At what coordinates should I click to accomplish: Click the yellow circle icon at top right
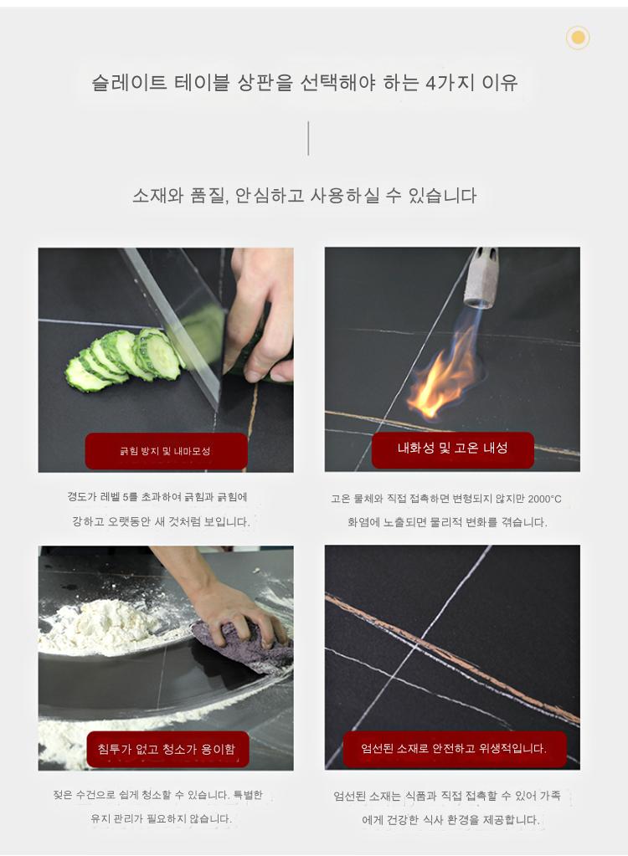(578, 38)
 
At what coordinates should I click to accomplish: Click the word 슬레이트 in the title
(129, 83)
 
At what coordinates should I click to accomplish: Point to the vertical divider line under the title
(308, 138)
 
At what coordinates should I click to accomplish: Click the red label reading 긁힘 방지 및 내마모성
(166, 451)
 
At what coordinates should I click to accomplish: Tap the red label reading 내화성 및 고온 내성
(453, 449)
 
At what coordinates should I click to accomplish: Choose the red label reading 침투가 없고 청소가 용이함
(167, 749)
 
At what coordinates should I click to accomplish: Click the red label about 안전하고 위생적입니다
(455, 748)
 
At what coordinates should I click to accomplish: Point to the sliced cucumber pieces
(125, 359)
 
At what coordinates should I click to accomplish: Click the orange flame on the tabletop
(442, 377)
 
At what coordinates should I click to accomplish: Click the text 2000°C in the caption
(544, 499)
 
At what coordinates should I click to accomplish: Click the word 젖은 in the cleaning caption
(62, 795)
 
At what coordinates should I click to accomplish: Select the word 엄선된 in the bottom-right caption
(349, 796)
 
